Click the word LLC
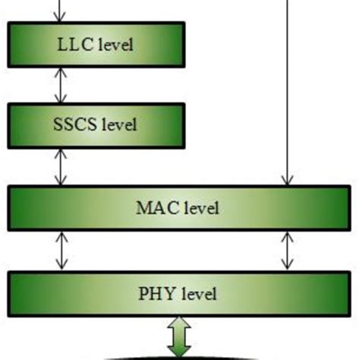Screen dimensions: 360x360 click(x=74, y=44)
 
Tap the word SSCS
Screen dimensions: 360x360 click(x=76, y=124)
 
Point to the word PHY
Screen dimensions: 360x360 click(x=156, y=293)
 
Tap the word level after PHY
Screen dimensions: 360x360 click(x=197, y=293)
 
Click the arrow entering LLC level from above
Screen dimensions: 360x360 click(x=60, y=11)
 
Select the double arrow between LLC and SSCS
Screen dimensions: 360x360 click(x=60, y=84)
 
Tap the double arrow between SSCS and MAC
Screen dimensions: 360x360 click(x=60, y=166)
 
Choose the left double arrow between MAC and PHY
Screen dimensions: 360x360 click(x=60, y=251)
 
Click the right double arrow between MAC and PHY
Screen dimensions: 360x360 click(x=287, y=251)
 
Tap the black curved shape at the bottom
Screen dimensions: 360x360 click(x=179, y=356)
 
